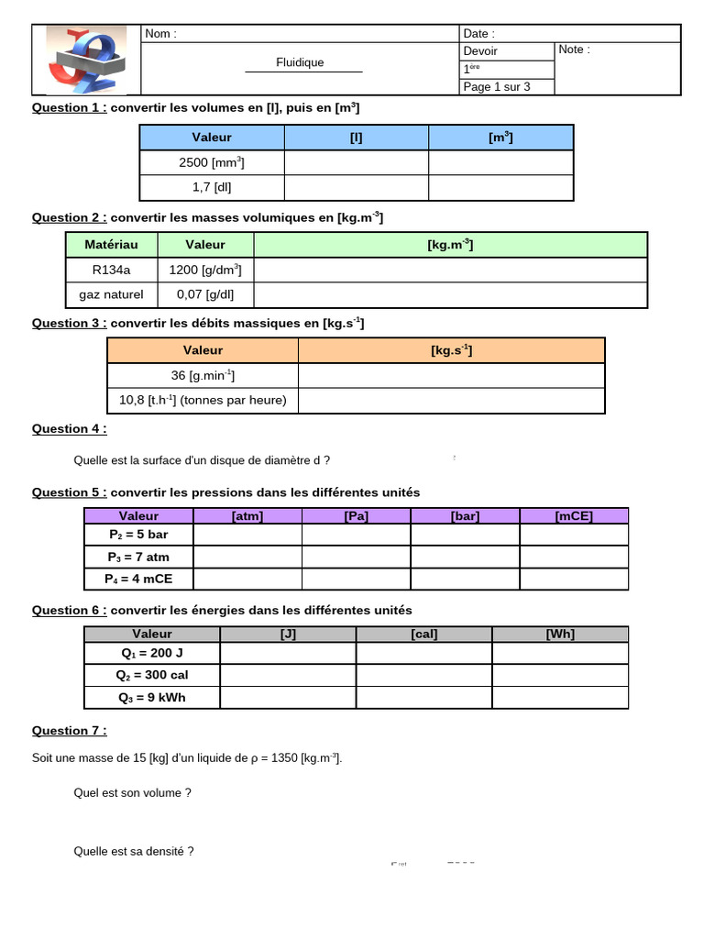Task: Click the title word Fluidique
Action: [x=300, y=62]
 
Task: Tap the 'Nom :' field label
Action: [x=160, y=34]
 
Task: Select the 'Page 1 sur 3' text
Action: [x=496, y=87]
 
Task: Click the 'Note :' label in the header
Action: [x=574, y=50]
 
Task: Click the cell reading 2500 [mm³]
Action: [x=212, y=162]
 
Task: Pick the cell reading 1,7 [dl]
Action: [x=212, y=187]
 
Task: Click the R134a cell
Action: [x=112, y=270]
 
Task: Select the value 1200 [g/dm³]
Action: [x=205, y=270]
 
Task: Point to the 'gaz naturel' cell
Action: [x=112, y=294]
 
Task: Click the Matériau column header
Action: [x=112, y=245]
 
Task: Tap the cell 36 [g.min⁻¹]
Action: [x=203, y=375]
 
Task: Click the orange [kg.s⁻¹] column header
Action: [x=451, y=350]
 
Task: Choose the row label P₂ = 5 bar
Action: [x=138, y=535]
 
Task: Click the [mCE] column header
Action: [x=574, y=515]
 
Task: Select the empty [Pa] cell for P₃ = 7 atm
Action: [x=356, y=557]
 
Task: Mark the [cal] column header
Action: [x=423, y=634]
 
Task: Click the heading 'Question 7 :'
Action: [x=69, y=731]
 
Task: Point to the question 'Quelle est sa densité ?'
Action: [x=134, y=851]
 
